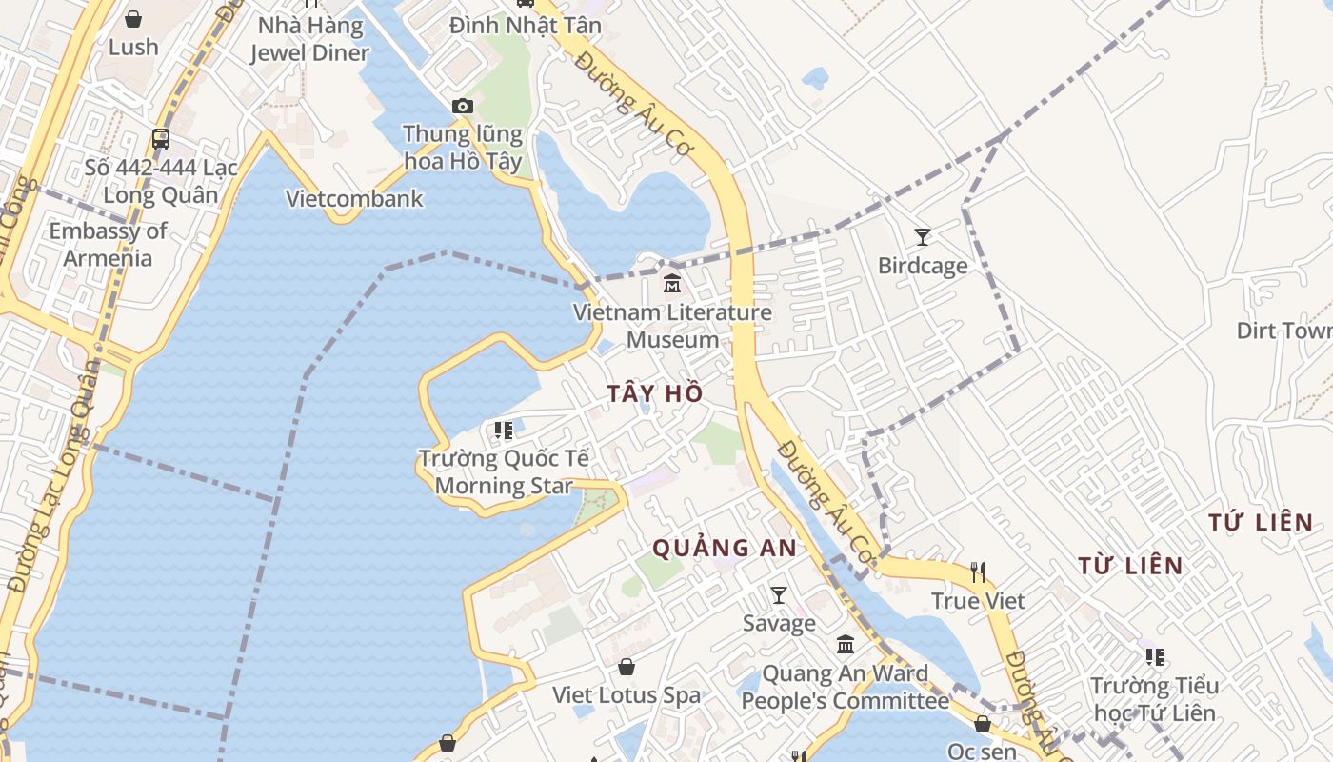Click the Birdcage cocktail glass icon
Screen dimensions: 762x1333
tap(922, 236)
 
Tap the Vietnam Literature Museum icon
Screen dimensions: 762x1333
tap(672, 283)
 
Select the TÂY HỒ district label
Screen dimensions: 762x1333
tap(656, 393)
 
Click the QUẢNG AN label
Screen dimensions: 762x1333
tap(725, 548)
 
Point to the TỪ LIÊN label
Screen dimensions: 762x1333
tap(1130, 566)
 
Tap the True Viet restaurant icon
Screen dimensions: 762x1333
tap(978, 572)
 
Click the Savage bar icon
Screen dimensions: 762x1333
tap(779, 595)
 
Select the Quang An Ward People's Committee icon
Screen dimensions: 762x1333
tap(846, 645)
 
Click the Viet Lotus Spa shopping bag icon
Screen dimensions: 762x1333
tap(627, 667)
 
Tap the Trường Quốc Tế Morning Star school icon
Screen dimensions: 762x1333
tap(503, 431)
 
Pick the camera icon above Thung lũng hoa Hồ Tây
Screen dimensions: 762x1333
tap(463, 106)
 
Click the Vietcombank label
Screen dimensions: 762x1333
tap(354, 199)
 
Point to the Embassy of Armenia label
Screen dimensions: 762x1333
tap(108, 245)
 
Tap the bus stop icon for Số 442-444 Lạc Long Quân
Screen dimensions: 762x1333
tap(161, 139)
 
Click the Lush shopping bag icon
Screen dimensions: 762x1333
tap(133, 19)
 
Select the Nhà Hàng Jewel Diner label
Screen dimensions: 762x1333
tap(309, 39)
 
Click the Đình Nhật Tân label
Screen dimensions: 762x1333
tap(526, 26)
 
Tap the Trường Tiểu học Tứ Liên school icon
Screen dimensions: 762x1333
tap(1155, 656)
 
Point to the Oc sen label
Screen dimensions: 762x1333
tap(982, 751)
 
